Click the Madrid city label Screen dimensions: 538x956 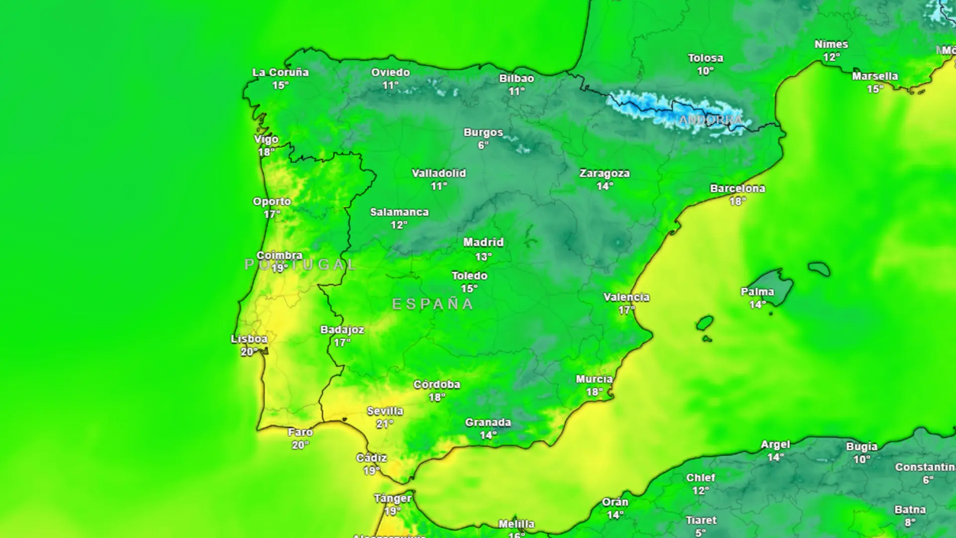pyautogui.click(x=483, y=243)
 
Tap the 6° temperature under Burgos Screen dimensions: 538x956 pyautogui.click(x=483, y=145)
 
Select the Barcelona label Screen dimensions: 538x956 pyautogui.click(x=737, y=189)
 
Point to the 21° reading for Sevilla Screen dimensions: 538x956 pyautogui.click(x=384, y=424)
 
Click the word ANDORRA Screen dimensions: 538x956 pyautogui.click(x=711, y=120)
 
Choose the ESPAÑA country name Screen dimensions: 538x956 pyautogui.click(x=432, y=304)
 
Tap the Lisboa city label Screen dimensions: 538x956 pyautogui.click(x=249, y=339)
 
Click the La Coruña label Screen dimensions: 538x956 pyautogui.click(x=280, y=73)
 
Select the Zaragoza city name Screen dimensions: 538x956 pyautogui.click(x=604, y=174)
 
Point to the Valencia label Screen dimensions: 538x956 pyautogui.click(x=626, y=297)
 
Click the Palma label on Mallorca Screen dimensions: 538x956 pyautogui.click(x=757, y=292)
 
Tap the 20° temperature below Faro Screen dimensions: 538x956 pyautogui.click(x=300, y=445)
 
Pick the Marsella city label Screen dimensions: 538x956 pyautogui.click(x=875, y=77)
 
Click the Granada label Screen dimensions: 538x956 pyautogui.click(x=488, y=423)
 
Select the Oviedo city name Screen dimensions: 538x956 pyautogui.click(x=390, y=73)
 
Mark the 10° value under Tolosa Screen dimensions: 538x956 pyautogui.click(x=705, y=71)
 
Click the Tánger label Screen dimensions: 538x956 pyautogui.click(x=393, y=499)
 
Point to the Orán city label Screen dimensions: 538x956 pyautogui.click(x=615, y=502)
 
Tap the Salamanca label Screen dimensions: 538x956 pyautogui.click(x=399, y=212)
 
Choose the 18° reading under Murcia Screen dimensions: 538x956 pyautogui.click(x=595, y=392)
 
